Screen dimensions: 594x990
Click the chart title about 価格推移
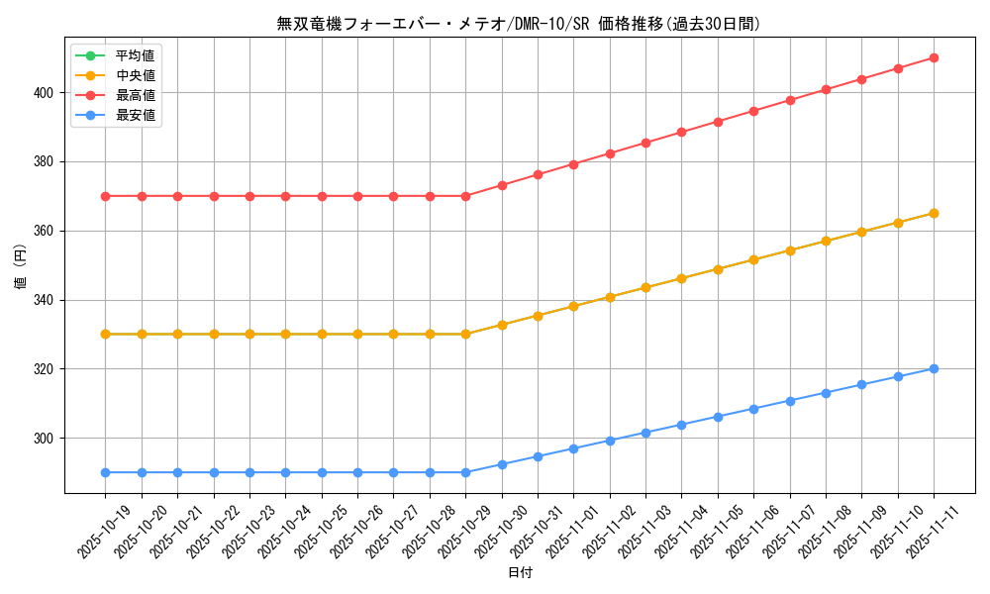519,24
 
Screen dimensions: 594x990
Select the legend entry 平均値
135,55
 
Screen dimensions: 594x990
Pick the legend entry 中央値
135,75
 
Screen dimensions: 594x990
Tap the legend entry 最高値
135,95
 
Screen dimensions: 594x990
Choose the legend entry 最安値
135,115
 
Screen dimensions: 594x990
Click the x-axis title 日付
520,573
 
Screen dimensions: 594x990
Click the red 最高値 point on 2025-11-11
934,57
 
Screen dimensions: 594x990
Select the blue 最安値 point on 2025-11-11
934,368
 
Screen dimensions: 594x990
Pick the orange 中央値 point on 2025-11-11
934,213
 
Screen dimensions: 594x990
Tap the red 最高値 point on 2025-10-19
105,196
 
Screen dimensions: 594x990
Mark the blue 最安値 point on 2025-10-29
465,472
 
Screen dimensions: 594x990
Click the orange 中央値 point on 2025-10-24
285,334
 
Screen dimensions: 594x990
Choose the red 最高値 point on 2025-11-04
681,132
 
